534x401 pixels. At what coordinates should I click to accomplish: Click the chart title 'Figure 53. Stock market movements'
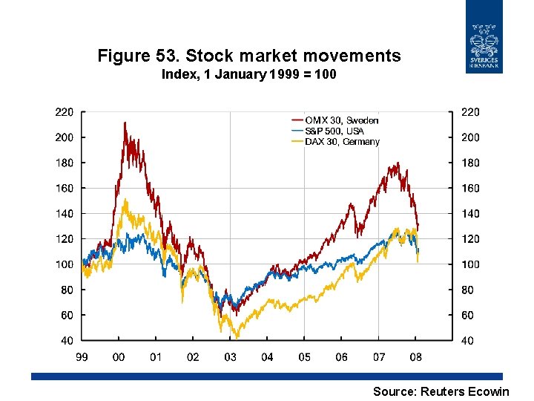[249, 56]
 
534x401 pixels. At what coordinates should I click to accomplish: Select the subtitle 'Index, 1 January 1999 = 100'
[249, 74]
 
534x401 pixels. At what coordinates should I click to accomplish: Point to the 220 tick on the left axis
[65, 112]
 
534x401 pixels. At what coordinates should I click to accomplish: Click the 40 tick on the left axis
[67, 341]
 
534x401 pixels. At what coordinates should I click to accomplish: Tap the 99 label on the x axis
[82, 357]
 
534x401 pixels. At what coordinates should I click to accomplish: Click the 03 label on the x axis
[230, 357]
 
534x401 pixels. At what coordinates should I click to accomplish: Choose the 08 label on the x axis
[415, 357]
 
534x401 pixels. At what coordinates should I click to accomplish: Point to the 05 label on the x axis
[304, 357]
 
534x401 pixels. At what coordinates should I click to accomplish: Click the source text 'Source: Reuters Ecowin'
[441, 391]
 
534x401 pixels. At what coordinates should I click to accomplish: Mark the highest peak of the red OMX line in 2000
[125, 123]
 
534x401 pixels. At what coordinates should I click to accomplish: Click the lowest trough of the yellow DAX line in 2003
[237, 337]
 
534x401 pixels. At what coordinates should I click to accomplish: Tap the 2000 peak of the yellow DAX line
[125, 199]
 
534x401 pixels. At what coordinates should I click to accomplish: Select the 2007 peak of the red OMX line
[398, 163]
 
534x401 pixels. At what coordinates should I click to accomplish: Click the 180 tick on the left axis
[65, 163]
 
